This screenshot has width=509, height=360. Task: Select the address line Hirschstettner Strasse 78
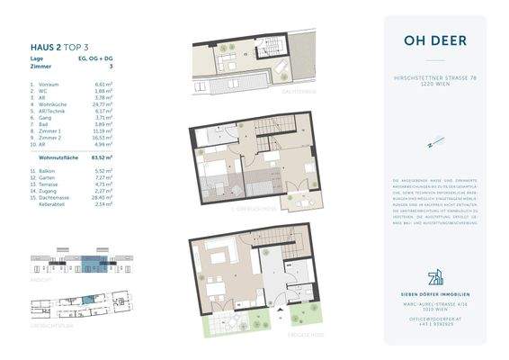click(435, 78)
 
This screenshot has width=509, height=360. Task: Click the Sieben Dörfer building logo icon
click(434, 274)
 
